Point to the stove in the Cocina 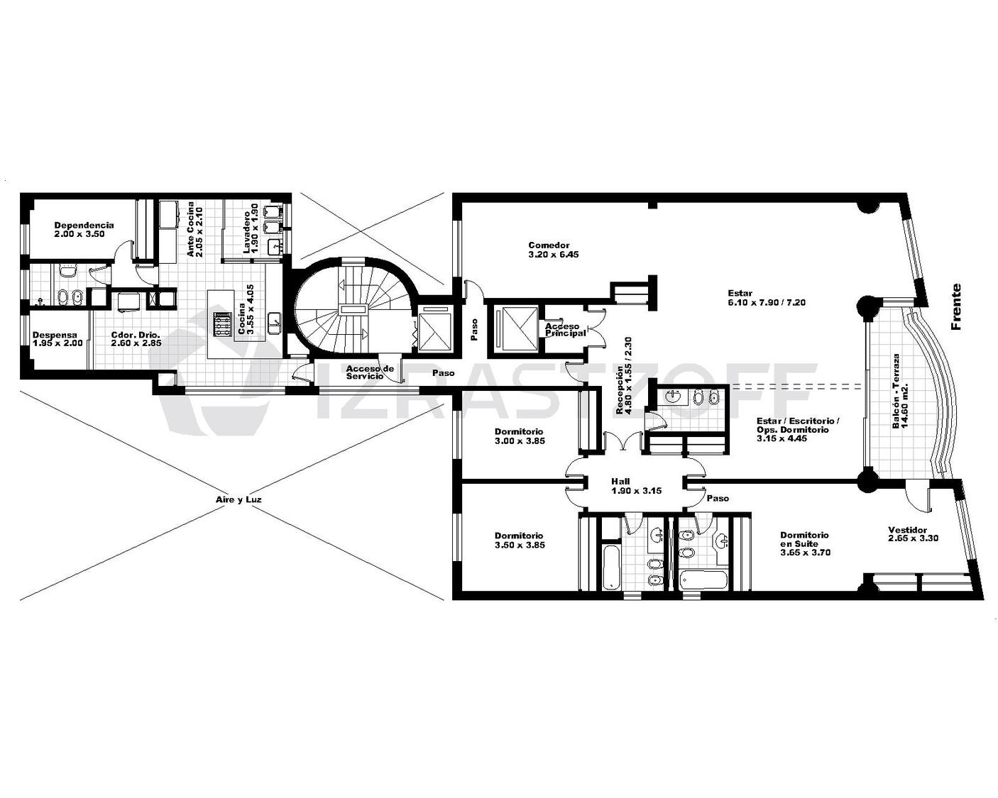tap(221, 324)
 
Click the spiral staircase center tap(352, 309)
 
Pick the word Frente tap(956, 306)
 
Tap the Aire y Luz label tap(238, 499)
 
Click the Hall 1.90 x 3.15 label tap(636, 486)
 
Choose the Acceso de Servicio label tap(370, 372)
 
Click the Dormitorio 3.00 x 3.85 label tap(520, 436)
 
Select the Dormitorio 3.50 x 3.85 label tap(520, 541)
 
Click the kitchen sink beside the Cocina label tap(275, 323)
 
